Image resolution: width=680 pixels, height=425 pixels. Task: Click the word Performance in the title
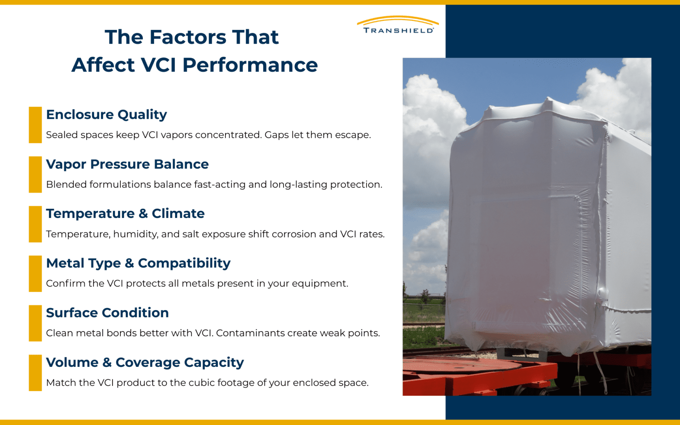point(250,65)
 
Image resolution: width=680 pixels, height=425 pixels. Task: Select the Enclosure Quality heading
point(106,115)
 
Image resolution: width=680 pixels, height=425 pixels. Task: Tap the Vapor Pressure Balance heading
point(127,164)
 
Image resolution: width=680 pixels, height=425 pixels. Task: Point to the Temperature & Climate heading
point(125,214)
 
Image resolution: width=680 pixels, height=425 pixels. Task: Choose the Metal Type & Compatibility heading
point(138,263)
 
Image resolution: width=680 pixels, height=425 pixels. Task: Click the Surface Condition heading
point(107,313)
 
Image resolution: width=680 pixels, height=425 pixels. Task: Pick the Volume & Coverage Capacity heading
point(144,362)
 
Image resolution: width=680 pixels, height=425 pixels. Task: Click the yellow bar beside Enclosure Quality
point(35,125)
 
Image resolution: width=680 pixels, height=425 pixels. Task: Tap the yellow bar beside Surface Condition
point(35,323)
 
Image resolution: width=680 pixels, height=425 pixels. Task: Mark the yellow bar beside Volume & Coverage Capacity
point(35,373)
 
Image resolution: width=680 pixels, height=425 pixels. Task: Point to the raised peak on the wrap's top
point(548,101)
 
